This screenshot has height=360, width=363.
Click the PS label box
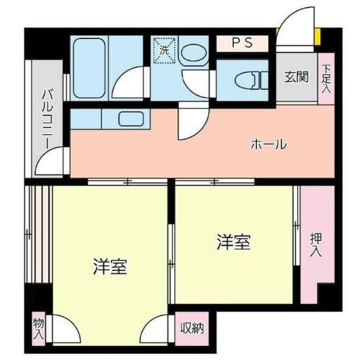tap(242, 43)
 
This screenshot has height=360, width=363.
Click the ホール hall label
tap(268, 144)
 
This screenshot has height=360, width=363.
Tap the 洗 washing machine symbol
tap(165, 49)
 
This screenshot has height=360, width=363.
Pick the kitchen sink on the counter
tap(131, 120)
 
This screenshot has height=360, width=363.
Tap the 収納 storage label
tap(191, 328)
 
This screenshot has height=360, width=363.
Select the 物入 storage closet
tap(39, 328)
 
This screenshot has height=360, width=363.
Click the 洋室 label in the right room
tap(233, 242)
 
